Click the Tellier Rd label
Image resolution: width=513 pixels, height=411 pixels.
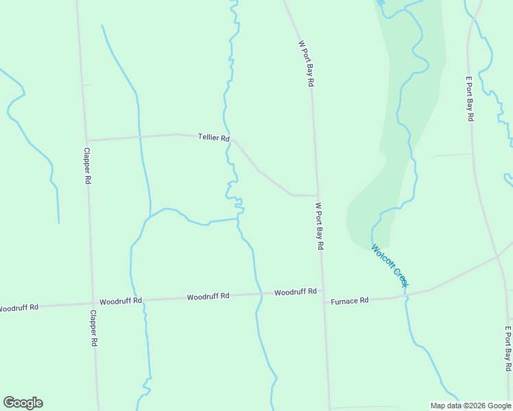pyautogui.click(x=213, y=138)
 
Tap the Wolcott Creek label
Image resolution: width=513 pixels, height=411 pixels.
pyautogui.click(x=390, y=266)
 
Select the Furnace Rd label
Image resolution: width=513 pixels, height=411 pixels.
pyautogui.click(x=350, y=301)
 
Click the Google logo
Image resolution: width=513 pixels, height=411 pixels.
pyautogui.click(x=23, y=403)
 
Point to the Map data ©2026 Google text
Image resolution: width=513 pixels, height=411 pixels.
pyautogui.click(x=470, y=405)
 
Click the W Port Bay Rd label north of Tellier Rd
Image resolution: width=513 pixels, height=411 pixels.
pyautogui.click(x=306, y=62)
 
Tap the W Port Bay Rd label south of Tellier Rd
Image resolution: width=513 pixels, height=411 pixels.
pyautogui.click(x=319, y=225)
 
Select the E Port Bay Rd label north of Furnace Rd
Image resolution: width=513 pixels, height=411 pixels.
pyautogui.click(x=470, y=98)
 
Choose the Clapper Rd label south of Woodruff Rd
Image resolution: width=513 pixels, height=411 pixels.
pyautogui.click(x=95, y=329)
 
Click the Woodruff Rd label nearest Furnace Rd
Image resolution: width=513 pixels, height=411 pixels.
pyautogui.click(x=295, y=292)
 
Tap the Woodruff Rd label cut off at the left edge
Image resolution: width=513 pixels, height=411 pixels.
pyautogui.click(x=19, y=308)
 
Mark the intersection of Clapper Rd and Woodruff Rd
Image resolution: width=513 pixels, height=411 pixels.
pyautogui.click(x=93, y=303)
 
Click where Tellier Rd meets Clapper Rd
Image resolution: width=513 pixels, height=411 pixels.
pyautogui.click(x=86, y=140)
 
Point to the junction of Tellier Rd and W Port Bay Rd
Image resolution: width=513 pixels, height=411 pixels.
pyautogui.click(x=317, y=195)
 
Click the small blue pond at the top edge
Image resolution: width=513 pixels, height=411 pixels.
pyautogui.click(x=380, y=3)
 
